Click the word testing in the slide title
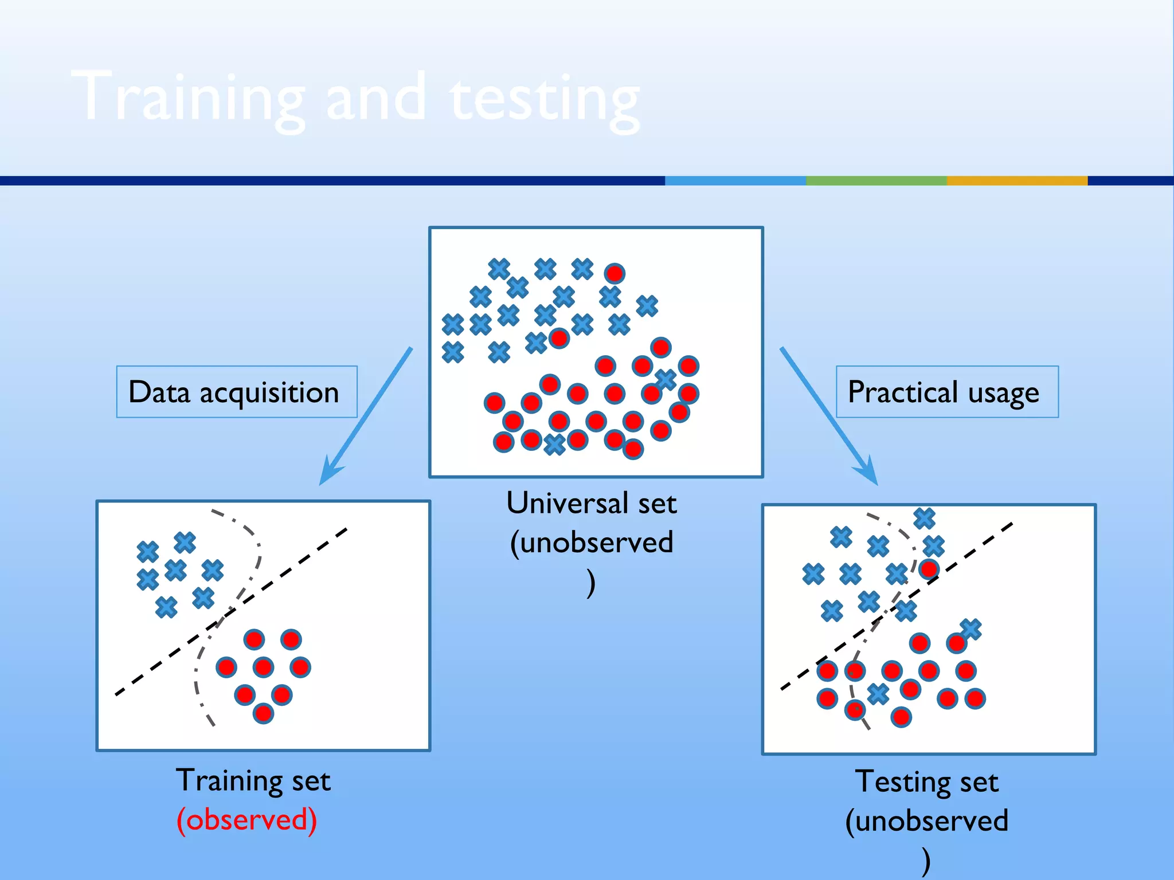[545, 99]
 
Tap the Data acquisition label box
[236, 392]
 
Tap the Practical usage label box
[946, 392]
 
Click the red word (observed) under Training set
[246, 819]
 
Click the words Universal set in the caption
[592, 503]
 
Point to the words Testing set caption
[926, 781]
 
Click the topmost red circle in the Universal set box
[614, 273]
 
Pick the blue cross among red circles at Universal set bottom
[554, 444]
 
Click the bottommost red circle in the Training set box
[263, 713]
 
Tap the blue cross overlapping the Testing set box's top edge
[924, 518]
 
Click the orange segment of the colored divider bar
[1016, 180]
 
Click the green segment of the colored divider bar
[876, 180]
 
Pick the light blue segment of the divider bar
[735, 180]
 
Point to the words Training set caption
[253, 780]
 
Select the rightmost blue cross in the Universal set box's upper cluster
[647, 306]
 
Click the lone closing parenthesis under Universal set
[591, 583]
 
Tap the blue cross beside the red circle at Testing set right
[970, 629]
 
